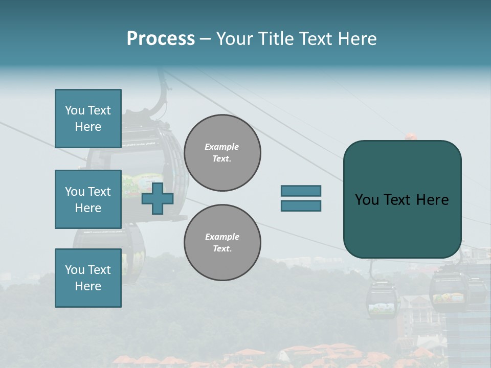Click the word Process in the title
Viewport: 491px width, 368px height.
pos(161,39)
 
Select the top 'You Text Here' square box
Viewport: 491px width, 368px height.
pos(88,119)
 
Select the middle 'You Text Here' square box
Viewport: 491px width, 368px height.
pos(88,199)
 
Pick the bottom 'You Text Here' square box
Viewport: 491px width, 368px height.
pos(88,278)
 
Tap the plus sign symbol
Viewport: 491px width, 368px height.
pos(158,199)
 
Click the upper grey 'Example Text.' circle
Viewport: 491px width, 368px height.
pos(222,153)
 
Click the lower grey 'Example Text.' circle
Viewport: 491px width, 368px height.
pos(222,243)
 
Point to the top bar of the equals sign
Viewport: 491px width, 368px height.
pos(301,191)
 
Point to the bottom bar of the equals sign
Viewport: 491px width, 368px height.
pos(301,205)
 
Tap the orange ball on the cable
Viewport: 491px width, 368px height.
pos(411,136)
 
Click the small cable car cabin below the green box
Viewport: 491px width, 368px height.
pos(382,302)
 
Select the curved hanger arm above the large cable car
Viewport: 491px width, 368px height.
pos(165,97)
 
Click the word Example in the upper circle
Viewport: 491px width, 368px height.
pos(221,147)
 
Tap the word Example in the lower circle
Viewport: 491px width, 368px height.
pos(222,237)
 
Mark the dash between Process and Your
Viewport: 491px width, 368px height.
pos(206,39)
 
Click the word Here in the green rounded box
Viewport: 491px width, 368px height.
pos(432,200)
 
